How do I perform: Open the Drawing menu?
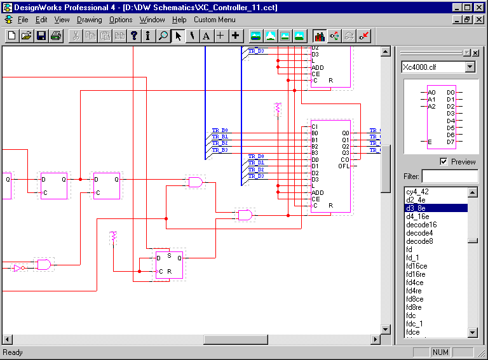[x=89, y=20]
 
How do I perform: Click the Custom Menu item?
[x=214, y=20]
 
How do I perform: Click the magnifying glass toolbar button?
[x=163, y=36]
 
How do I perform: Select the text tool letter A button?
[x=206, y=36]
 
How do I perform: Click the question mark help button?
[x=134, y=36]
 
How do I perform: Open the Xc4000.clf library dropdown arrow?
[x=470, y=67]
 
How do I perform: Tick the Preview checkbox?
[x=444, y=162]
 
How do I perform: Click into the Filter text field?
[x=449, y=176]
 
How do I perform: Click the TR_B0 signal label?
[x=220, y=130]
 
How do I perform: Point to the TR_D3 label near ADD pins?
[x=256, y=176]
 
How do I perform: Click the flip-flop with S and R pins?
[x=169, y=265]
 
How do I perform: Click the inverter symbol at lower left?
[x=18, y=268]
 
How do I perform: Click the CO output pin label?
[x=345, y=159]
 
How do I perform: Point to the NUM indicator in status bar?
[x=440, y=352]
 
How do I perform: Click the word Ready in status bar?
[x=13, y=352]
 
